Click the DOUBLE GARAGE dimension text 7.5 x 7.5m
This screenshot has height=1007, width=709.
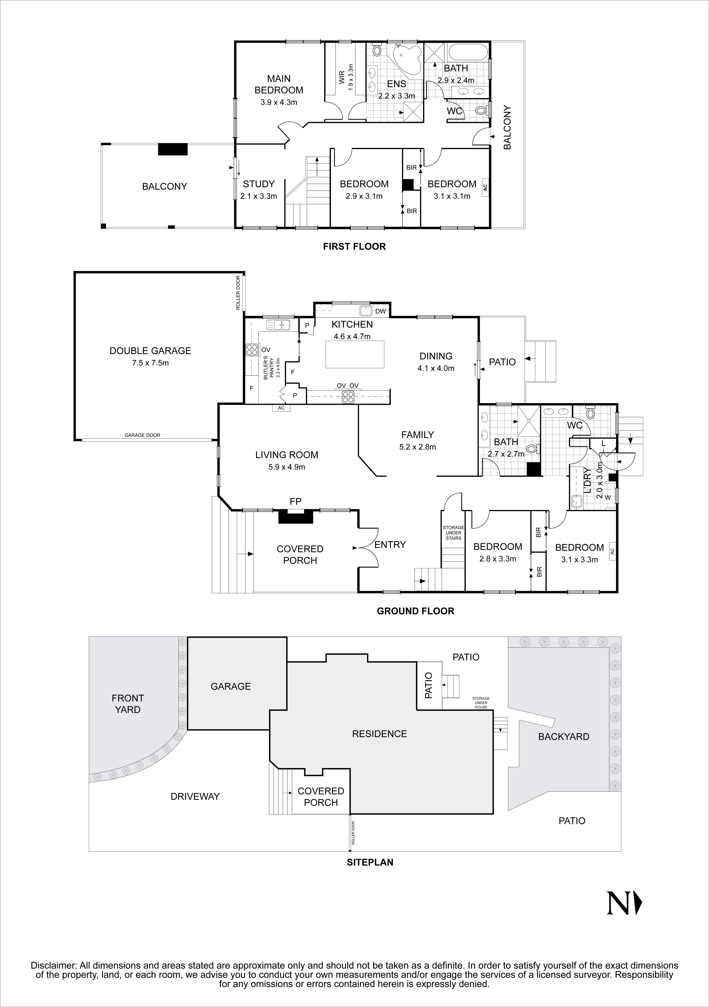[x=150, y=363]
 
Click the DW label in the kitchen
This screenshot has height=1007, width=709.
[x=380, y=311]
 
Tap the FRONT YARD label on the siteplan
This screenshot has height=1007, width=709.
[x=128, y=703]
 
